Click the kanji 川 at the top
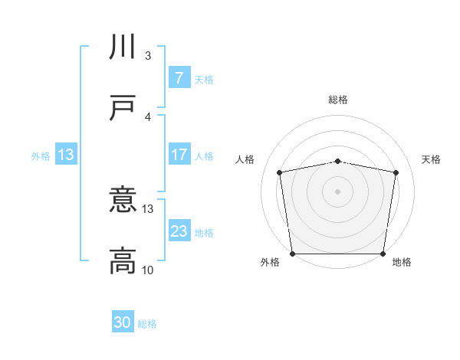123,47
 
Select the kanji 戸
123,108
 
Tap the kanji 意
123,201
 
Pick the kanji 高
123,261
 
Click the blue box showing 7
179,77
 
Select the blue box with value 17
179,155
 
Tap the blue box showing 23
179,231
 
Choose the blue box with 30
123,322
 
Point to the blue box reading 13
66,155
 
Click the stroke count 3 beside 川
148,56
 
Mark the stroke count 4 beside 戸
148,116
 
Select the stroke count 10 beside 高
148,270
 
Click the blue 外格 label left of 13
41,155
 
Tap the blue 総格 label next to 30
148,324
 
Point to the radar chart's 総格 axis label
338,100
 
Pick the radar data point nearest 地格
383,254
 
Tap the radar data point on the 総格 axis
338,161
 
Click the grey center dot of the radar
338,191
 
